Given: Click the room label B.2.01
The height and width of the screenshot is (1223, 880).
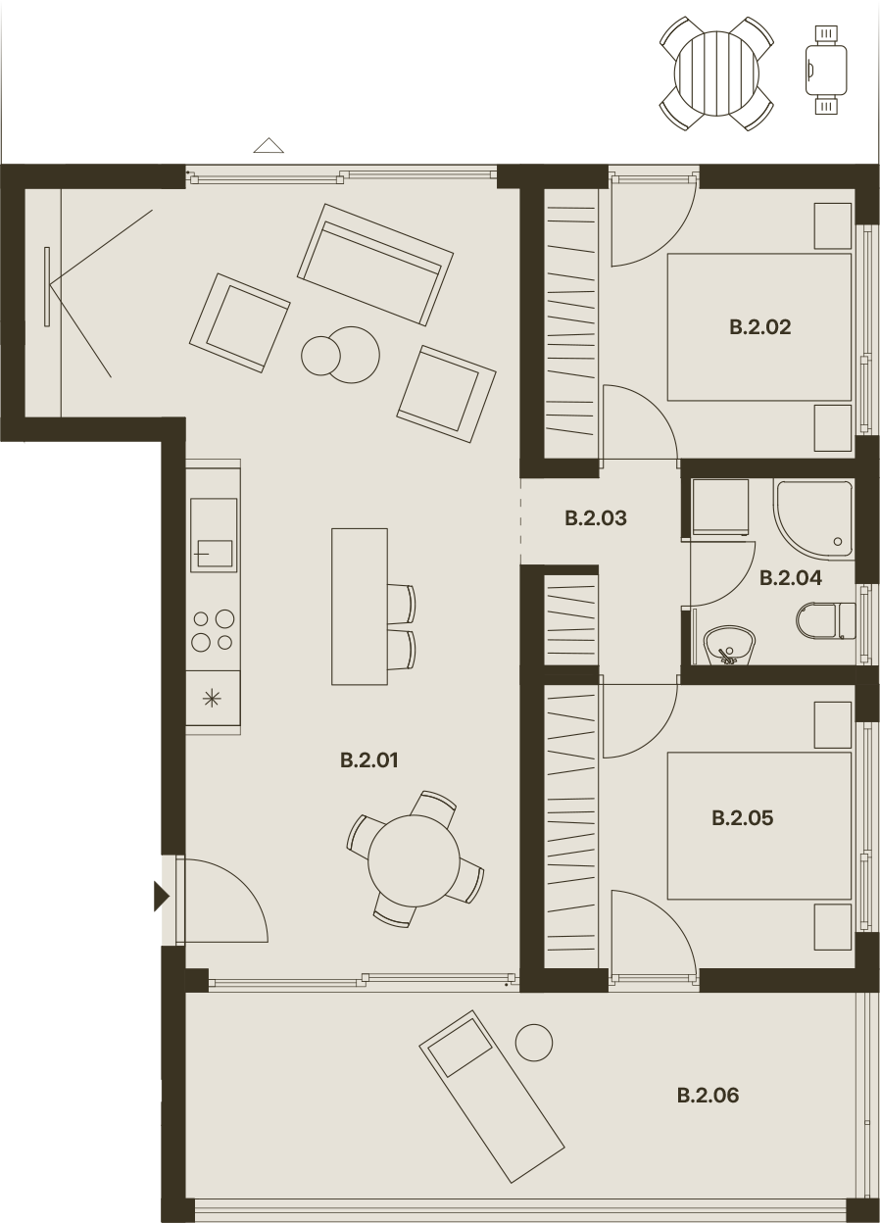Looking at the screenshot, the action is pos(369,760).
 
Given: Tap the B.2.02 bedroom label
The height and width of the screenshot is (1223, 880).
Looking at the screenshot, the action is pos(759,327).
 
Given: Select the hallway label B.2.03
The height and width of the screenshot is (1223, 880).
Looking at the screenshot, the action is pos(596,518).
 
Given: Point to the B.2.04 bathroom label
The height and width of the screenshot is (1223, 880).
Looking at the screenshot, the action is pos(791,577).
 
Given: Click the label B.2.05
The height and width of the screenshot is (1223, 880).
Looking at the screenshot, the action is pos(743,818).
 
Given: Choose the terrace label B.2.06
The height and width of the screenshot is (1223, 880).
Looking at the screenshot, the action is pos(709,1096).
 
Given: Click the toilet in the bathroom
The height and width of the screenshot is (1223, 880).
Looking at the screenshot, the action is pos(825,620).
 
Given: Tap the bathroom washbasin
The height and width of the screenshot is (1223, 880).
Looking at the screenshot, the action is pos(729,646).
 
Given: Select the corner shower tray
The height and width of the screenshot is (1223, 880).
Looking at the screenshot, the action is pos(812,519).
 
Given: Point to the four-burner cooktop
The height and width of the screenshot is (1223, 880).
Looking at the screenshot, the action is pos(213,631).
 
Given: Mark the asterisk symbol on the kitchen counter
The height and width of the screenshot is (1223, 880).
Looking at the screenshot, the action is pos(212,699).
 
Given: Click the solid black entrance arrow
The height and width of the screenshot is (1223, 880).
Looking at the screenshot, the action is pos(161,897).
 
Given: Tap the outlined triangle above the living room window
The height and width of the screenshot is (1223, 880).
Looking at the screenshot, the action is pos(269,145).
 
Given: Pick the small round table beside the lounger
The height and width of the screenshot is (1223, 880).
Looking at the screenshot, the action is pos(534,1043).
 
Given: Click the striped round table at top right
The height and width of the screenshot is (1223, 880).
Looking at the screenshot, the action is pos(716,73).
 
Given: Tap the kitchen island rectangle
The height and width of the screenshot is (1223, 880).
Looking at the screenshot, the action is pos(360,607).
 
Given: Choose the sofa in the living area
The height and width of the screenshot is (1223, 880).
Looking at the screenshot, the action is pos(375,266).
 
